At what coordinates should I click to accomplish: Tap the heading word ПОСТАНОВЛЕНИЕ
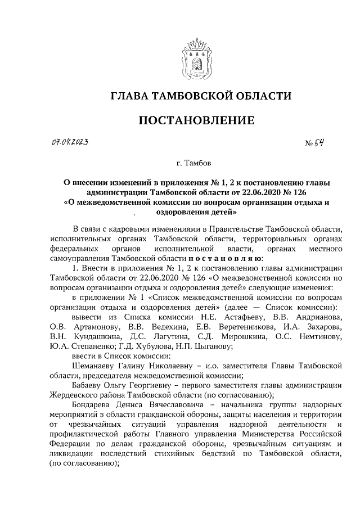pyautogui.click(x=196, y=120)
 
